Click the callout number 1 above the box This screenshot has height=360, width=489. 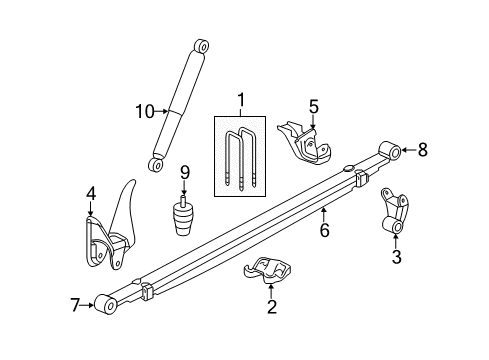tap(240, 100)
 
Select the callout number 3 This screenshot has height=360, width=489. tap(396, 258)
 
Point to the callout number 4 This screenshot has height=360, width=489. tap(91, 194)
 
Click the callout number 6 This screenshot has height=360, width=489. tap(323, 231)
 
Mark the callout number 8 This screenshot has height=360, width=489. tap(422, 151)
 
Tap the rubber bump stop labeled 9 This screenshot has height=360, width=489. tap(185, 215)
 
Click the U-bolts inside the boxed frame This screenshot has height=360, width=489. tap(240, 158)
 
